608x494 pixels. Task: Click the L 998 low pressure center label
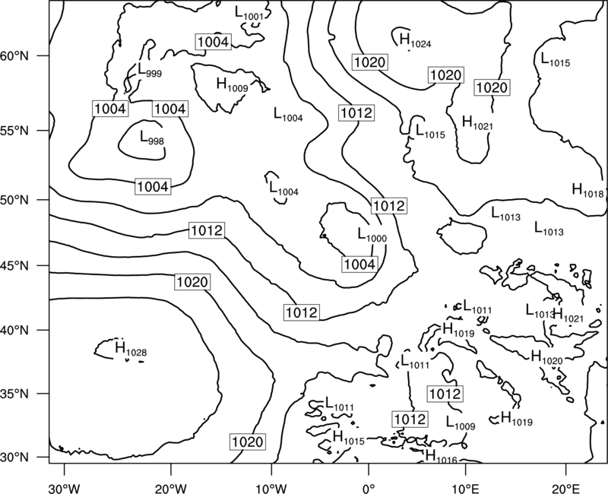(152, 138)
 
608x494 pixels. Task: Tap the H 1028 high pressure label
(131, 348)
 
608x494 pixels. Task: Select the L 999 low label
(150, 70)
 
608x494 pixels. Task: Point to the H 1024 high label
(415, 40)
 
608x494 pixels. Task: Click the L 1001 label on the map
(249, 13)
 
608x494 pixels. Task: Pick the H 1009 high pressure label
(233, 84)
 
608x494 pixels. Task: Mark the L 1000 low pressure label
(372, 235)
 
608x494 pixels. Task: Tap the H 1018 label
(588, 190)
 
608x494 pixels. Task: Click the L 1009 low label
(461, 423)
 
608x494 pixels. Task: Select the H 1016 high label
(442, 456)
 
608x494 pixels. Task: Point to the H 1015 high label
(349, 438)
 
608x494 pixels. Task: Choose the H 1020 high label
(546, 357)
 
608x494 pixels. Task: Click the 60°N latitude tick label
(14, 55)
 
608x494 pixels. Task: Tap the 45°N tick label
(14, 265)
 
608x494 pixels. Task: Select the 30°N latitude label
(14, 458)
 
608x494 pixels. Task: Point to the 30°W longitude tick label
(65, 486)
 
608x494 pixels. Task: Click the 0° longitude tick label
(369, 486)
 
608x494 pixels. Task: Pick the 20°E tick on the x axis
(565, 486)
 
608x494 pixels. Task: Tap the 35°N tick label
(14, 394)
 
